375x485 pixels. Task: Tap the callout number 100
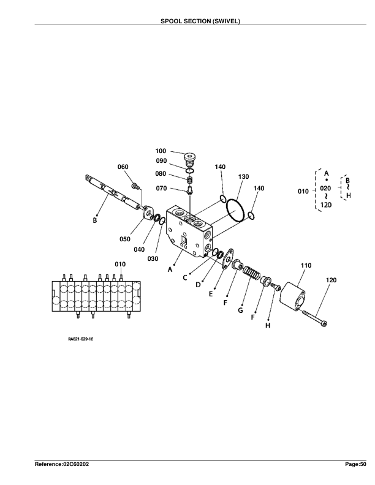(x=161, y=150)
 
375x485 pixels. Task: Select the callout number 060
(x=123, y=167)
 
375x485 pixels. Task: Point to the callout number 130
(x=243, y=176)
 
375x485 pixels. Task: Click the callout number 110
(x=306, y=265)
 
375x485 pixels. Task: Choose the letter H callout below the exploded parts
(x=268, y=325)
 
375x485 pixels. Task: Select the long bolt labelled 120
(x=314, y=318)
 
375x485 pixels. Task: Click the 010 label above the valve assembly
(x=121, y=264)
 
